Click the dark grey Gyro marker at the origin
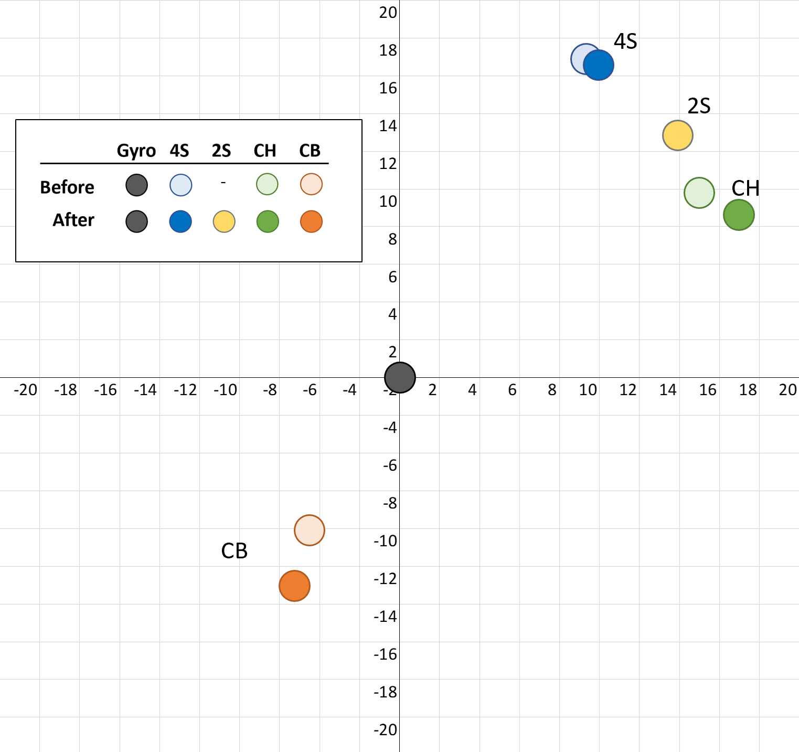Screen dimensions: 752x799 click(x=400, y=377)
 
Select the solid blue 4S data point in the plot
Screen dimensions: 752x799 click(x=599, y=65)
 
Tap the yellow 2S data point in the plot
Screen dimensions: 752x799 click(x=678, y=135)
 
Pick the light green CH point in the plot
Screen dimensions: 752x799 click(x=699, y=193)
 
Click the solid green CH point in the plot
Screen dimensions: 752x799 click(x=739, y=215)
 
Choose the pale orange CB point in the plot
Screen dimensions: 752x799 click(x=310, y=530)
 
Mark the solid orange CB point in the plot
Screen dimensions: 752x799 click(x=294, y=586)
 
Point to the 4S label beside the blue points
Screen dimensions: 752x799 click(x=625, y=41)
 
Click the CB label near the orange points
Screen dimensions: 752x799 click(x=234, y=551)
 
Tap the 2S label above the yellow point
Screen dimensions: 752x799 click(x=699, y=106)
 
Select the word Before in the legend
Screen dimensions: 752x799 click(x=67, y=187)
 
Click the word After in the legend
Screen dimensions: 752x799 click(x=73, y=220)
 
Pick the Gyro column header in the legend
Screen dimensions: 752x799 click(x=136, y=151)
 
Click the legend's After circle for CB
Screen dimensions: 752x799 click(x=311, y=221)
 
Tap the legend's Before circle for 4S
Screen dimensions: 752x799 click(x=181, y=185)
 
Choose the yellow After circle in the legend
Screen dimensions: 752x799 click(x=224, y=221)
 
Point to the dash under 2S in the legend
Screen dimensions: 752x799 click(x=223, y=183)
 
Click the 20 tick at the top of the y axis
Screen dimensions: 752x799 click(x=388, y=13)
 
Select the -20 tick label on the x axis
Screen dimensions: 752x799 click(x=25, y=390)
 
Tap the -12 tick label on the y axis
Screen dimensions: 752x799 click(x=386, y=579)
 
